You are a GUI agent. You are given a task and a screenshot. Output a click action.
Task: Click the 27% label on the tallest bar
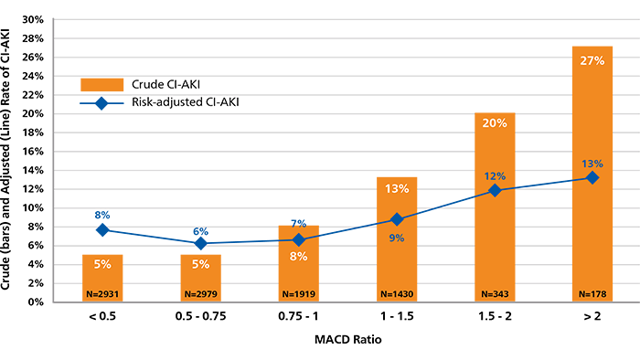[x=592, y=61]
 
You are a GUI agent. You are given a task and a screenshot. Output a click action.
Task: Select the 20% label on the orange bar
[x=494, y=123]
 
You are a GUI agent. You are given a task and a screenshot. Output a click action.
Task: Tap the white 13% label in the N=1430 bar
[x=396, y=189]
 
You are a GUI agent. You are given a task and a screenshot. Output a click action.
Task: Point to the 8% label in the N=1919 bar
[x=298, y=257]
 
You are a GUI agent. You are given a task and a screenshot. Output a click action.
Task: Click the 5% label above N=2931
[x=102, y=264]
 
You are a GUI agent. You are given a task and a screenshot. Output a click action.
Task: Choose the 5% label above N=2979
[x=200, y=264]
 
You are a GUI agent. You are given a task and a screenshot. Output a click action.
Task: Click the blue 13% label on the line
[x=592, y=164]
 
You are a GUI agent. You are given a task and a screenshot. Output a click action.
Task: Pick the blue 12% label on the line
[x=494, y=175]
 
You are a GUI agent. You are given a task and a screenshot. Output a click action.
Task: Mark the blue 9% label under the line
[x=396, y=238]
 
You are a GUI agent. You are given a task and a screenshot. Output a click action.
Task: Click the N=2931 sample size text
[x=102, y=294]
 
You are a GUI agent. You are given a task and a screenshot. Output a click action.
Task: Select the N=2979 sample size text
[x=200, y=294]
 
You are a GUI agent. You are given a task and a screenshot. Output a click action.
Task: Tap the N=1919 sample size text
[x=298, y=294]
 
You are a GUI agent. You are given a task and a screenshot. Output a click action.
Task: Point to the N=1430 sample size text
[x=396, y=294]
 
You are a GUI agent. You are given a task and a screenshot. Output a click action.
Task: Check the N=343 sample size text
[x=494, y=294]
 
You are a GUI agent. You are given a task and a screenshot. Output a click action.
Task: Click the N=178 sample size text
[x=592, y=294]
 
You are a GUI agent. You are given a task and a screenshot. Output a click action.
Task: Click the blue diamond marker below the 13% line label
[x=592, y=178]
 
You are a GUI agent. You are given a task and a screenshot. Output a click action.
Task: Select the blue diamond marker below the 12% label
[x=494, y=190]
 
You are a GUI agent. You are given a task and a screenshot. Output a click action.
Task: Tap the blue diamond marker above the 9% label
[x=396, y=219]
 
